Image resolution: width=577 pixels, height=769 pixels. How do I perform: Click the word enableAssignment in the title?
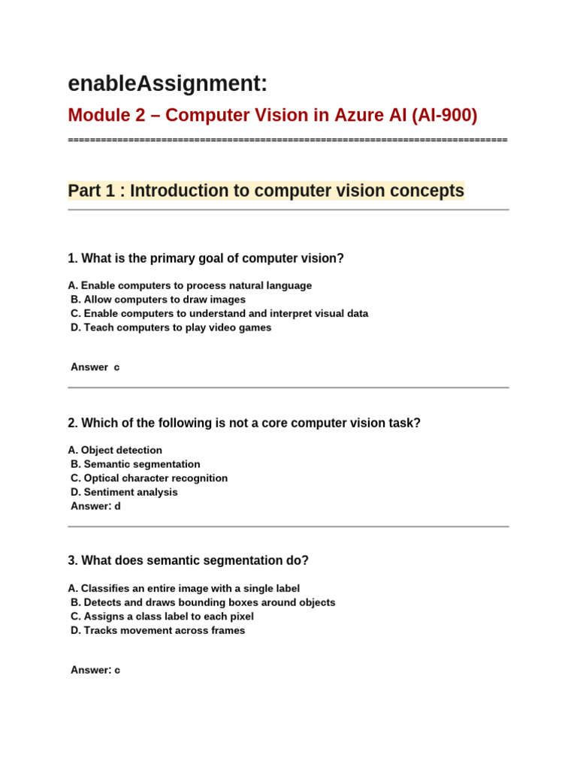pyautogui.click(x=167, y=83)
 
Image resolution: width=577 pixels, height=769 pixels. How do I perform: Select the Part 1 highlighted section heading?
pyautogui.click(x=266, y=191)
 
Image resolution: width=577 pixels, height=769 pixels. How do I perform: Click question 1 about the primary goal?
pyautogui.click(x=205, y=258)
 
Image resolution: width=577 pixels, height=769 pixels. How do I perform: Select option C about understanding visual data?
pyautogui.click(x=219, y=313)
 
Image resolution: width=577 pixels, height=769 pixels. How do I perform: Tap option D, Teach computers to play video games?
pyautogui.click(x=171, y=327)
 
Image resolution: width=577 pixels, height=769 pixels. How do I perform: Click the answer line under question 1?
pyautogui.click(x=95, y=367)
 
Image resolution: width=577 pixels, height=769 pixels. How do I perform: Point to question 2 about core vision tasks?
pyautogui.click(x=243, y=423)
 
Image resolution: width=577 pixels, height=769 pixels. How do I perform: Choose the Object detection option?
pyautogui.click(x=115, y=450)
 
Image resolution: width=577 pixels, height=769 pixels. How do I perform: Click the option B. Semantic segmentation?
pyautogui.click(x=135, y=464)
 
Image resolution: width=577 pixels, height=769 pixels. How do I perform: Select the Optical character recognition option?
pyautogui.click(x=149, y=478)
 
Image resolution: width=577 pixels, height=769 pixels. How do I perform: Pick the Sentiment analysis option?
pyautogui.click(x=124, y=492)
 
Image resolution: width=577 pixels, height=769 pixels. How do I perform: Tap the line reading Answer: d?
pyautogui.click(x=95, y=506)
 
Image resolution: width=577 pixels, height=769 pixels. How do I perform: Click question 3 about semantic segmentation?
pyautogui.click(x=188, y=560)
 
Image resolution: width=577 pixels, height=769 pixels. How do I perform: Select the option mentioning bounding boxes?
pyautogui.click(x=203, y=602)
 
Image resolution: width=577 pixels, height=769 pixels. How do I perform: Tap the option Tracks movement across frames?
pyautogui.click(x=158, y=630)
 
